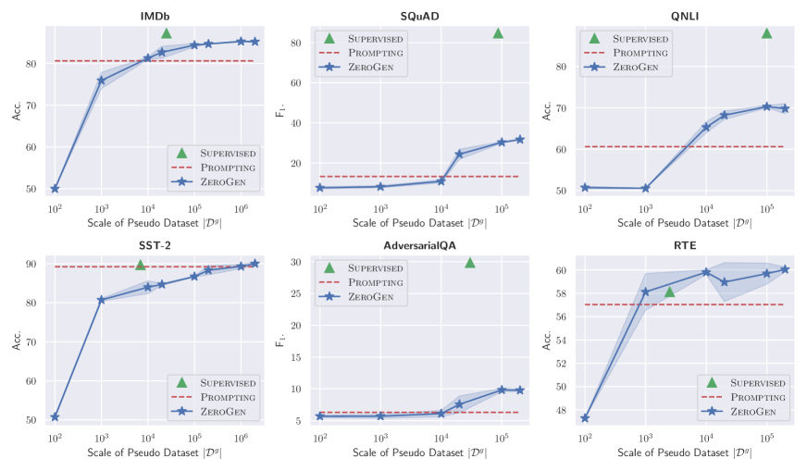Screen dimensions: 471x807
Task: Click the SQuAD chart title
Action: click(x=417, y=17)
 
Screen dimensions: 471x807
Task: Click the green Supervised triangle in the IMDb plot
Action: click(x=167, y=33)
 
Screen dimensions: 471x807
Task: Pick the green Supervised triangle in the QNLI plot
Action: click(x=766, y=33)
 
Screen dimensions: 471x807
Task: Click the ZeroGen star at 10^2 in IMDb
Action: click(x=55, y=189)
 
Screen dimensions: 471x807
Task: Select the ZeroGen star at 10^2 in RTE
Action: click(x=585, y=418)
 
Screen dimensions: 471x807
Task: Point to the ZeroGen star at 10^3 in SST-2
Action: click(x=102, y=300)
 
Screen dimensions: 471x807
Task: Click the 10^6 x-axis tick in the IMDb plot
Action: click(x=242, y=210)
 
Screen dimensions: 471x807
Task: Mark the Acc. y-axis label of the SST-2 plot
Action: click(x=17, y=341)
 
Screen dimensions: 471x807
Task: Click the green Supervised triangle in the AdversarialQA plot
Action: click(x=470, y=264)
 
